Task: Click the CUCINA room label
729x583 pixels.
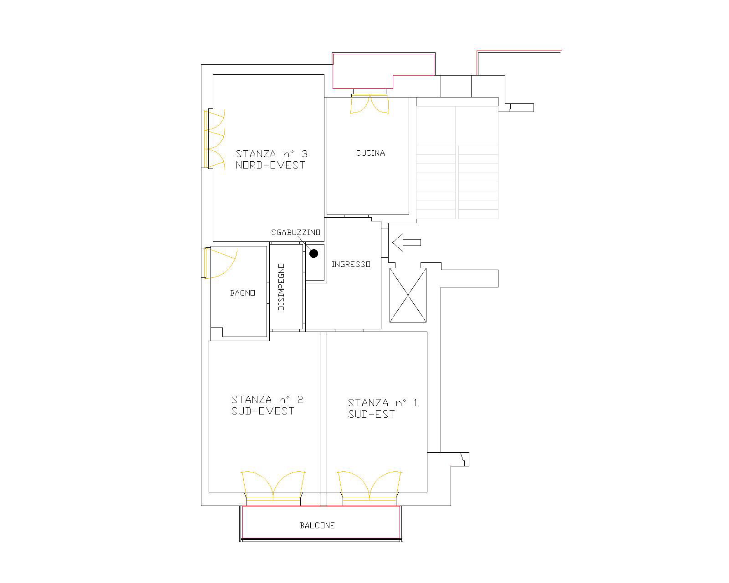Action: (x=370, y=153)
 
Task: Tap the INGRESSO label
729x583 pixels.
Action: (x=350, y=265)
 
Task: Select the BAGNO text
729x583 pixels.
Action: (x=242, y=293)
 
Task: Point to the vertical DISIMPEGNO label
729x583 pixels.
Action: (x=281, y=287)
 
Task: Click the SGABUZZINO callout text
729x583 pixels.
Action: (x=296, y=233)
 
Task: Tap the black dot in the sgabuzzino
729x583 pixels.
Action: (x=313, y=254)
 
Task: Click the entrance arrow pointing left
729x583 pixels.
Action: (x=406, y=242)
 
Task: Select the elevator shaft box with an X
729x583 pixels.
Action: (x=408, y=295)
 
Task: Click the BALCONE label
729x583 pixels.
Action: (x=317, y=526)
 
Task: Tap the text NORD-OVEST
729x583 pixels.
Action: (x=270, y=165)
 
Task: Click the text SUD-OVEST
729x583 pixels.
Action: (x=263, y=411)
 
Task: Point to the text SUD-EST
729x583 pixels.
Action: (x=371, y=414)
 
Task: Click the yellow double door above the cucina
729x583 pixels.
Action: (x=370, y=104)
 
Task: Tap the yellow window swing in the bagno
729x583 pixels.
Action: (x=222, y=263)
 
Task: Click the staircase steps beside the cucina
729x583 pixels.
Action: (x=457, y=182)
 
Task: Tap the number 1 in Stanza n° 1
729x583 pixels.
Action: (x=415, y=403)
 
